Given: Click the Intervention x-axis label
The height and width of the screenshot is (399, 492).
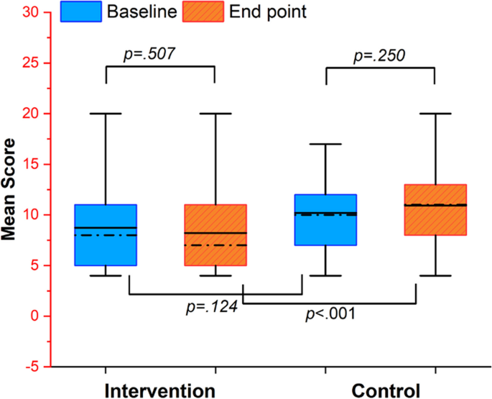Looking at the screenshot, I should pos(159,390).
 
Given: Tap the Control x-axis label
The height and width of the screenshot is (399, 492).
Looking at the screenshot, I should pos(385,390).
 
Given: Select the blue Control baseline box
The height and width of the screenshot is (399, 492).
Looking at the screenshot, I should pos(325,230).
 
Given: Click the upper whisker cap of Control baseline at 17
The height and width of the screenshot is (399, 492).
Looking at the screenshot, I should pos(325,144).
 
